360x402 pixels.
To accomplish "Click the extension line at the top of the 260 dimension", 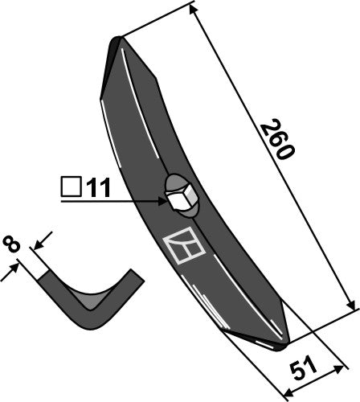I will [157, 23].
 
